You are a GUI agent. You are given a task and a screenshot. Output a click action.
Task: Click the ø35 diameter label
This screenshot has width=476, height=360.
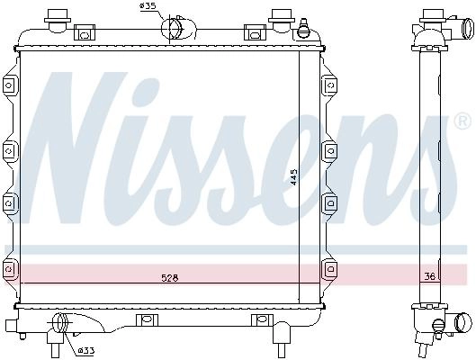(148, 6)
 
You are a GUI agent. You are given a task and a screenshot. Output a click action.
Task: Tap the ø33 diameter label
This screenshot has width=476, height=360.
(86, 351)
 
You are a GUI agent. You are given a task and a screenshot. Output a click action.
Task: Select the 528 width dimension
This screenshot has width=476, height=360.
(170, 278)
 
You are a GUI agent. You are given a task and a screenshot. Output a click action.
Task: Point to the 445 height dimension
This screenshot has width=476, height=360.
(293, 177)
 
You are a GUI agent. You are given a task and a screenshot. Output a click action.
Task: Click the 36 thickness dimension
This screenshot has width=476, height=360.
(430, 276)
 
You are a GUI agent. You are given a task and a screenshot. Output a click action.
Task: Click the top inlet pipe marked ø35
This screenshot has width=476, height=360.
(179, 28)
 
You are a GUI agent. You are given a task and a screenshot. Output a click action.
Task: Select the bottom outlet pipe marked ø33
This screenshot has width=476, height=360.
(59, 323)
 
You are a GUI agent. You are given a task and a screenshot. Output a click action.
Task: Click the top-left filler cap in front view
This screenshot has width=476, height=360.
(58, 20)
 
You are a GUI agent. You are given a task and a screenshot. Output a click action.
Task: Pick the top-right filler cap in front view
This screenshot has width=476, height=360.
(282, 20)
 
